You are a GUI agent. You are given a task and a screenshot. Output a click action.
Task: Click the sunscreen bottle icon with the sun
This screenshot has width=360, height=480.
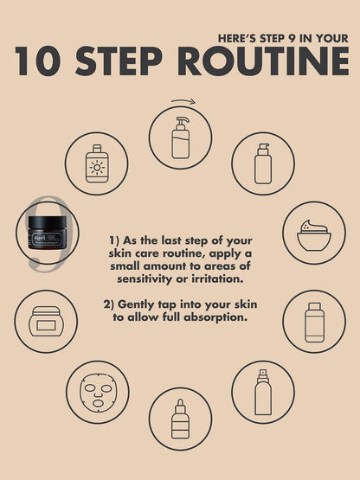coord(97,163)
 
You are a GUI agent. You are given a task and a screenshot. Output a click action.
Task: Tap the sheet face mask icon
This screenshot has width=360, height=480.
coord(98,393)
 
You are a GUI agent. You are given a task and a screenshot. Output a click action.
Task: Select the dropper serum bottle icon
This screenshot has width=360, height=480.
coord(180,419)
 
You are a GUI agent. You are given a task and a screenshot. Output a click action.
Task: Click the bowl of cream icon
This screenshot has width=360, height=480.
coord(314,235)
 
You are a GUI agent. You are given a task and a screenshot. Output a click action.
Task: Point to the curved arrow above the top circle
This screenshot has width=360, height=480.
coord(183,100)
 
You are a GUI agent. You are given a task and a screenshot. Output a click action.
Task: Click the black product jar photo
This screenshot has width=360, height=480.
coord(48,233)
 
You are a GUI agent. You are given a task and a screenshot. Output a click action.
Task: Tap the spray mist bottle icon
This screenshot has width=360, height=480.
coord(263,392)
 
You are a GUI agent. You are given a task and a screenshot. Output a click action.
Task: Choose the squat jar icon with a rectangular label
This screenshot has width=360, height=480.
coord(46,322)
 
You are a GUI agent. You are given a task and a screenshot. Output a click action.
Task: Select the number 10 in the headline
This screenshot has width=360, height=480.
coord(37,61)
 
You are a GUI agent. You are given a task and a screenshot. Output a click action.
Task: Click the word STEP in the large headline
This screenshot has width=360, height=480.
coord(119,61)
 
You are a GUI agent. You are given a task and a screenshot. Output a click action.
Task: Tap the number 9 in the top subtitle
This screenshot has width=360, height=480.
coord(292,39)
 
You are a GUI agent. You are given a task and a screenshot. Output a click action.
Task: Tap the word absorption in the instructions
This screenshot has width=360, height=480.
coord(215,317)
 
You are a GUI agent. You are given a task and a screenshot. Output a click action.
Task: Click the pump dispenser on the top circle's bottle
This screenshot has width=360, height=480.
coord(182,123)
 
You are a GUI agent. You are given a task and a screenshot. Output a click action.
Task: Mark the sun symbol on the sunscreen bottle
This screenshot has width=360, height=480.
coord(97,168)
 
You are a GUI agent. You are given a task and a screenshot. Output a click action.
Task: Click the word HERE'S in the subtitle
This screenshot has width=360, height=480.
coord(237,39)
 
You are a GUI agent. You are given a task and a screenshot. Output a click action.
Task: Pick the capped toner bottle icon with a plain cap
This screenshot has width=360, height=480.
coord(314,322)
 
